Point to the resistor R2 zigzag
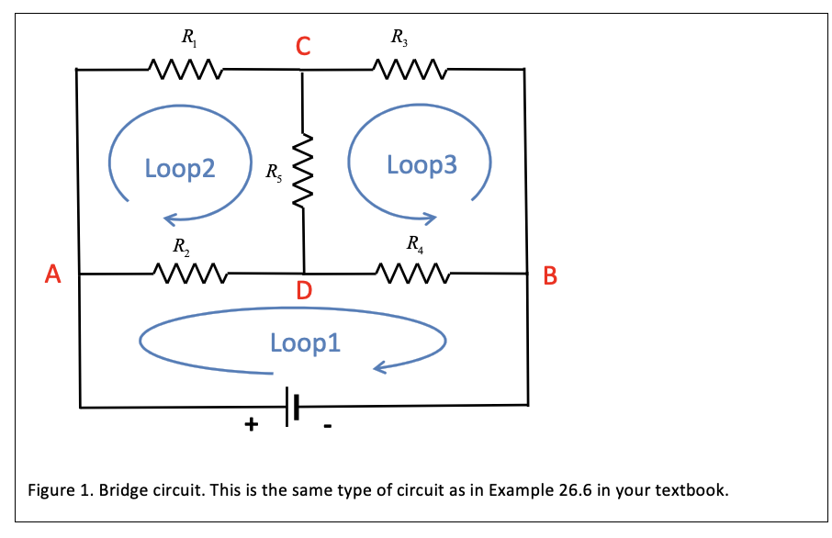click(187, 274)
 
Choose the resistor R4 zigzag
click(411, 274)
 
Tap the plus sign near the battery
click(250, 425)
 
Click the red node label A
click(53, 273)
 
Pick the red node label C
click(303, 46)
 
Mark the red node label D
click(304, 292)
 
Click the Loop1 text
click(305, 342)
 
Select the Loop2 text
click(180, 168)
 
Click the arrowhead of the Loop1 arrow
click(378, 369)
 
